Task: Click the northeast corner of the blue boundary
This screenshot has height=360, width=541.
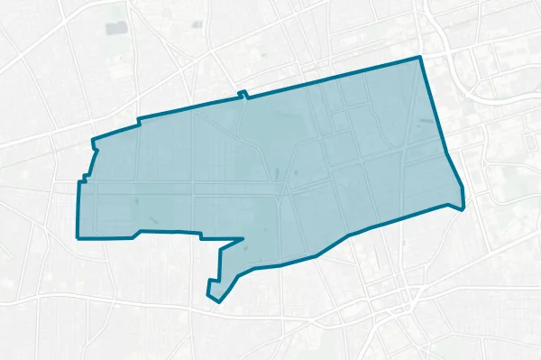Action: click(x=420, y=58)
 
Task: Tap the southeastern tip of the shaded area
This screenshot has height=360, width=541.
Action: click(x=462, y=208)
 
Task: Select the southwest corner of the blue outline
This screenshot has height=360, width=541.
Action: click(x=78, y=238)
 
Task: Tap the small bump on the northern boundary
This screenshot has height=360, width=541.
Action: click(x=243, y=93)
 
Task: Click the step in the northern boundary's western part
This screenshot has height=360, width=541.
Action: click(x=138, y=121)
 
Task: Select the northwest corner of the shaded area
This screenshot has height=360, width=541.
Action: click(x=94, y=141)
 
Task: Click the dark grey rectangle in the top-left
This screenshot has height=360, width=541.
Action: click(x=116, y=28)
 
